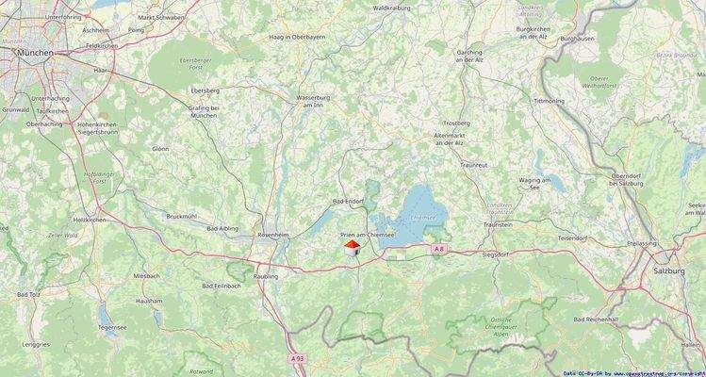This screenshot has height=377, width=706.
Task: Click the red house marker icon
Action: [352, 247]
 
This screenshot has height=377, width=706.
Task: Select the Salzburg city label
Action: [669, 270]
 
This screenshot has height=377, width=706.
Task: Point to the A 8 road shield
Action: [439, 249]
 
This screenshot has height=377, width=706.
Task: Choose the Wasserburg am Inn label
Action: [316, 101]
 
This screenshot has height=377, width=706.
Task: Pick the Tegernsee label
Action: [111, 327]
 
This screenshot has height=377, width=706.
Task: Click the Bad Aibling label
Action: [222, 229]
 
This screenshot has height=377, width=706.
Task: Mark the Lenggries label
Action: [36, 345]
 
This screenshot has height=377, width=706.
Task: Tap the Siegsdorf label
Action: [496, 254]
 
